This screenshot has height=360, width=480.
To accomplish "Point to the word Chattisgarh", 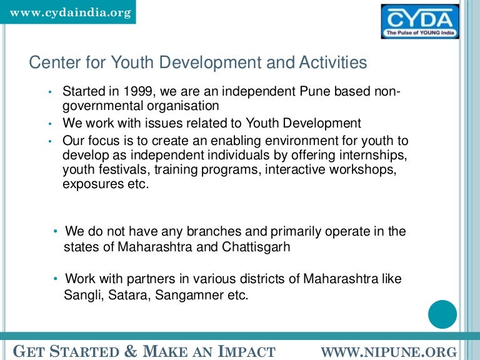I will [x=256, y=246].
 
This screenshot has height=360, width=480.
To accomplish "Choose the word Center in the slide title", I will [x=49, y=62].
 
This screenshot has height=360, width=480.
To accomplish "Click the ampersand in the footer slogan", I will [x=131, y=351].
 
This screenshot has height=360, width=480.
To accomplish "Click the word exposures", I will [x=92, y=184].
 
